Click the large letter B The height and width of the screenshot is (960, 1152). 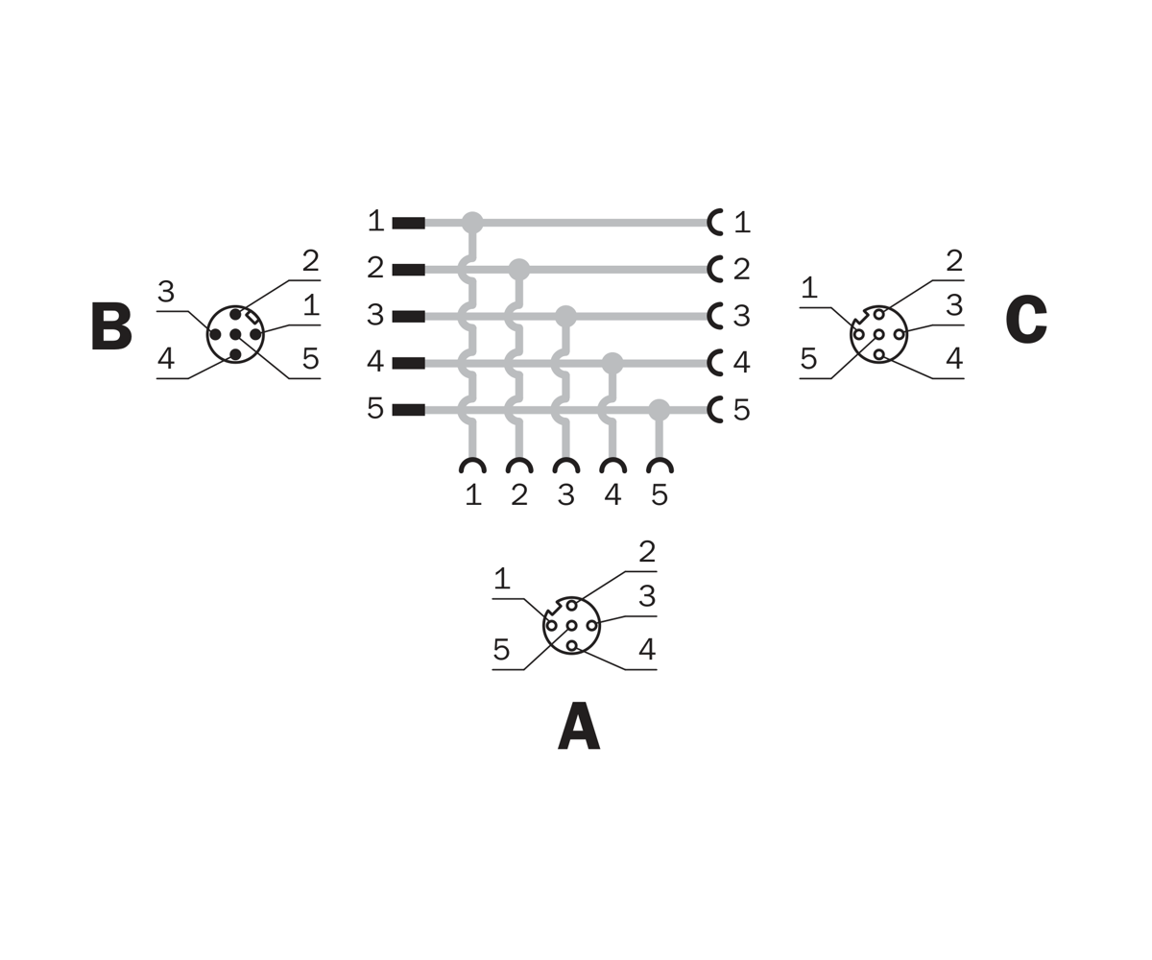(x=111, y=326)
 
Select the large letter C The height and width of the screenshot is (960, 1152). (x=1026, y=320)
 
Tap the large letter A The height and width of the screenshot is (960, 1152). (x=579, y=727)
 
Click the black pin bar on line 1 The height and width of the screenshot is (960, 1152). (x=409, y=223)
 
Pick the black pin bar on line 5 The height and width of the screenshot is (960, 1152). (x=409, y=410)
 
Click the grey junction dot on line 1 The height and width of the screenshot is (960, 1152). (x=472, y=223)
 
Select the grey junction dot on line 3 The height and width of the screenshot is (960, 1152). (x=565, y=317)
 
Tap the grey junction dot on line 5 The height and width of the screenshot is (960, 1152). (x=659, y=410)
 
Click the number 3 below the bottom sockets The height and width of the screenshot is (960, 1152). (x=566, y=495)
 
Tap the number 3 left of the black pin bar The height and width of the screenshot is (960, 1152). (x=375, y=315)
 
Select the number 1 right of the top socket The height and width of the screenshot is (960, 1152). (x=743, y=223)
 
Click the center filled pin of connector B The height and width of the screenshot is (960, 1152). (x=235, y=334)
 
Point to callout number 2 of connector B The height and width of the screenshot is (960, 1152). (x=311, y=261)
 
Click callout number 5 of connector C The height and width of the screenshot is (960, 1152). (x=808, y=359)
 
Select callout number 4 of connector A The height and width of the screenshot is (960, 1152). (x=647, y=649)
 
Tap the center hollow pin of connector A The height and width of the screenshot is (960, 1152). (x=572, y=626)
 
